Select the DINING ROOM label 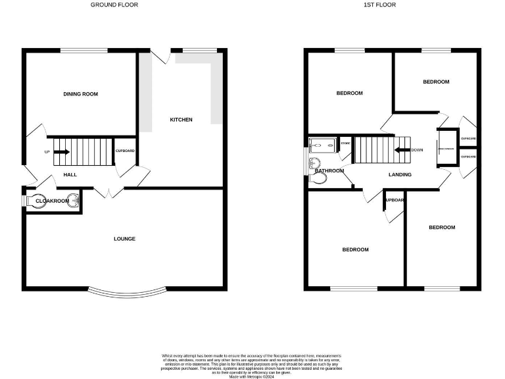pyautogui.click(x=80, y=94)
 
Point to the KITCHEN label pyautogui.click(x=181, y=120)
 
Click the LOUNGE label pyautogui.click(x=124, y=239)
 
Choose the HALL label pyautogui.click(x=70, y=174)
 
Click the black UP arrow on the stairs pyautogui.click(x=62, y=152)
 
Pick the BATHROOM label pyautogui.click(x=329, y=171)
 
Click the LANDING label pyautogui.click(x=400, y=174)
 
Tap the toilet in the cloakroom pyautogui.click(x=36, y=201)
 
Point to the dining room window pyautogui.click(x=85, y=50)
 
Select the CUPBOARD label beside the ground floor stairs pyautogui.click(x=125, y=151)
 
